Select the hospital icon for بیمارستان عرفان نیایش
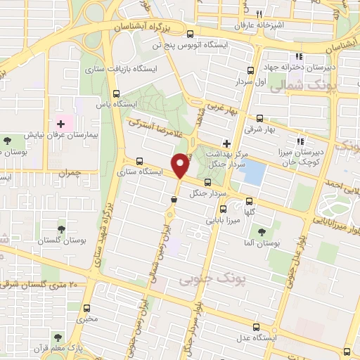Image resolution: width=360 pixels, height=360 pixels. point(60,124)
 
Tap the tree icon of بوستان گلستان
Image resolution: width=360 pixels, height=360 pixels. point(61,229)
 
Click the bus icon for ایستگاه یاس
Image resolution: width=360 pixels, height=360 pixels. point(117,93)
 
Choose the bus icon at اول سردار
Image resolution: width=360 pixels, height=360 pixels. point(250,70)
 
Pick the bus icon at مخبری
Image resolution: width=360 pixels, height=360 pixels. point(86,308)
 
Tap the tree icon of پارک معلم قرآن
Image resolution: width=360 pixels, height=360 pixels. point(58,337)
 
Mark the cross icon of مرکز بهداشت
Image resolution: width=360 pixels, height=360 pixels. point(226,143)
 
